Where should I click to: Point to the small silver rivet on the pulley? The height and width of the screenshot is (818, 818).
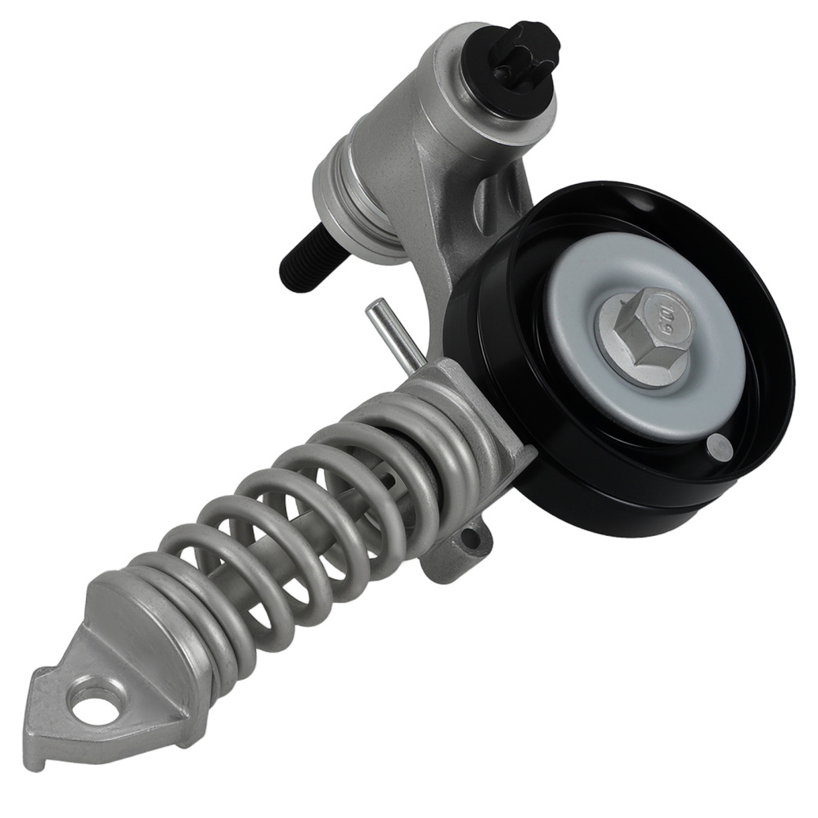tap(717, 446)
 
